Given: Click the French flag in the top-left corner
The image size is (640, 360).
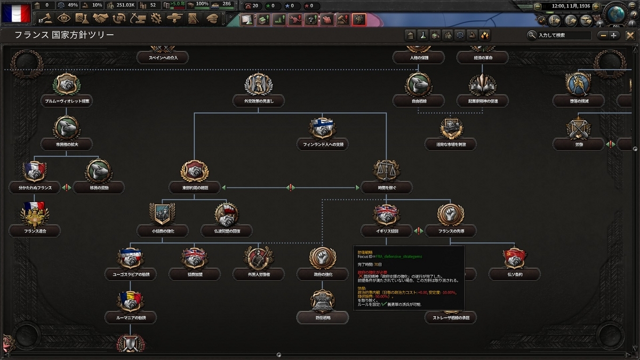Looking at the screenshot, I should [x=16, y=13].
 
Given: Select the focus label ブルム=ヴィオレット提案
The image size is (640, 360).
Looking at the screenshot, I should [x=66, y=101].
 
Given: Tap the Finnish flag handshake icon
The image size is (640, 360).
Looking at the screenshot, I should [x=322, y=128].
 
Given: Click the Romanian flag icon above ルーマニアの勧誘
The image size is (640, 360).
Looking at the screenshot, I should [x=130, y=301].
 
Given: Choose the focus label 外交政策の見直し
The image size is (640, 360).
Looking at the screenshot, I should [x=258, y=101].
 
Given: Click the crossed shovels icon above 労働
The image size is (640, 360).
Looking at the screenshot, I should [x=578, y=128].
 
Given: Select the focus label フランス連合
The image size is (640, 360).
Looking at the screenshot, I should [x=35, y=231].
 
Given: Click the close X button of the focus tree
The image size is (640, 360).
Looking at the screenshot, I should [x=630, y=35].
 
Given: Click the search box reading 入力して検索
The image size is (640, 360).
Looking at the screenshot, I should [x=563, y=35].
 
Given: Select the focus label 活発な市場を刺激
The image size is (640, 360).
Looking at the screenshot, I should [x=451, y=144].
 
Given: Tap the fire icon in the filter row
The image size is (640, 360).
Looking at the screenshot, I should [x=484, y=35].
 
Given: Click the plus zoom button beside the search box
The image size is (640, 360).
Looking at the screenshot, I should [x=614, y=35].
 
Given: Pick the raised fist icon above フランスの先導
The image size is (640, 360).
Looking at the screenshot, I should [x=450, y=214].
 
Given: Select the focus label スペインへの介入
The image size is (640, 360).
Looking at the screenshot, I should [x=164, y=58].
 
